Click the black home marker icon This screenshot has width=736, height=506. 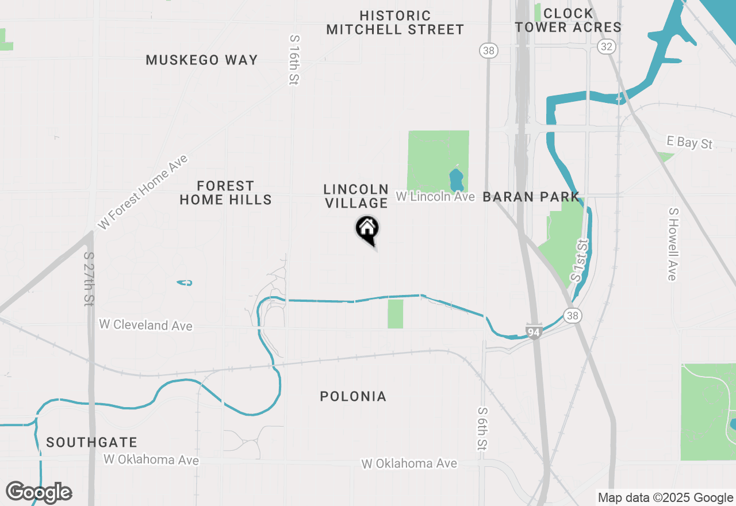tap(367, 229)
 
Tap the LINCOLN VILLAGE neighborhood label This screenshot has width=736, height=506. tap(356, 196)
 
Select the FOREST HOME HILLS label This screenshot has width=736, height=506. tap(225, 193)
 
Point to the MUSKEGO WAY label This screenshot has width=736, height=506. tap(201, 60)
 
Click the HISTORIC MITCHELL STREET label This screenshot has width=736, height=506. tap(395, 23)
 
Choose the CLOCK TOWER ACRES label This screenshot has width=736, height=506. tap(568, 20)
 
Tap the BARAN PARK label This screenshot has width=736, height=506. tap(531, 197)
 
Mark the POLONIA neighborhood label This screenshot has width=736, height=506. tap(353, 396)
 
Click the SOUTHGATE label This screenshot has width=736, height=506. tap(92, 443)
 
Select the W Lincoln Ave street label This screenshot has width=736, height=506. tap(435, 197)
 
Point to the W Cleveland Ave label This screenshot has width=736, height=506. tap(145, 325)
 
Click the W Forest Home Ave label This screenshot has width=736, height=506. tap(143, 193)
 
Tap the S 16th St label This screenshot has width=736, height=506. tap(294, 60)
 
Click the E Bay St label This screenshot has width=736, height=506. tap(689, 142)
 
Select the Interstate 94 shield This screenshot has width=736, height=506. tap(534, 331)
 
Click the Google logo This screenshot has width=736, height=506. tap(39, 493)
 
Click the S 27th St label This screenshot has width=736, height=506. tap(89, 279)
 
